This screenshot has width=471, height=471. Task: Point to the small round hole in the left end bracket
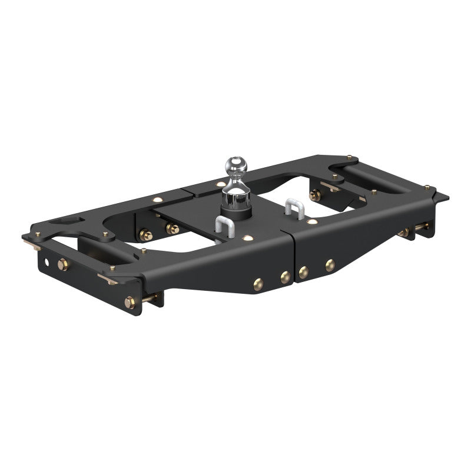tap(45, 258)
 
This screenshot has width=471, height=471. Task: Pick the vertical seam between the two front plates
tap(293, 259)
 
